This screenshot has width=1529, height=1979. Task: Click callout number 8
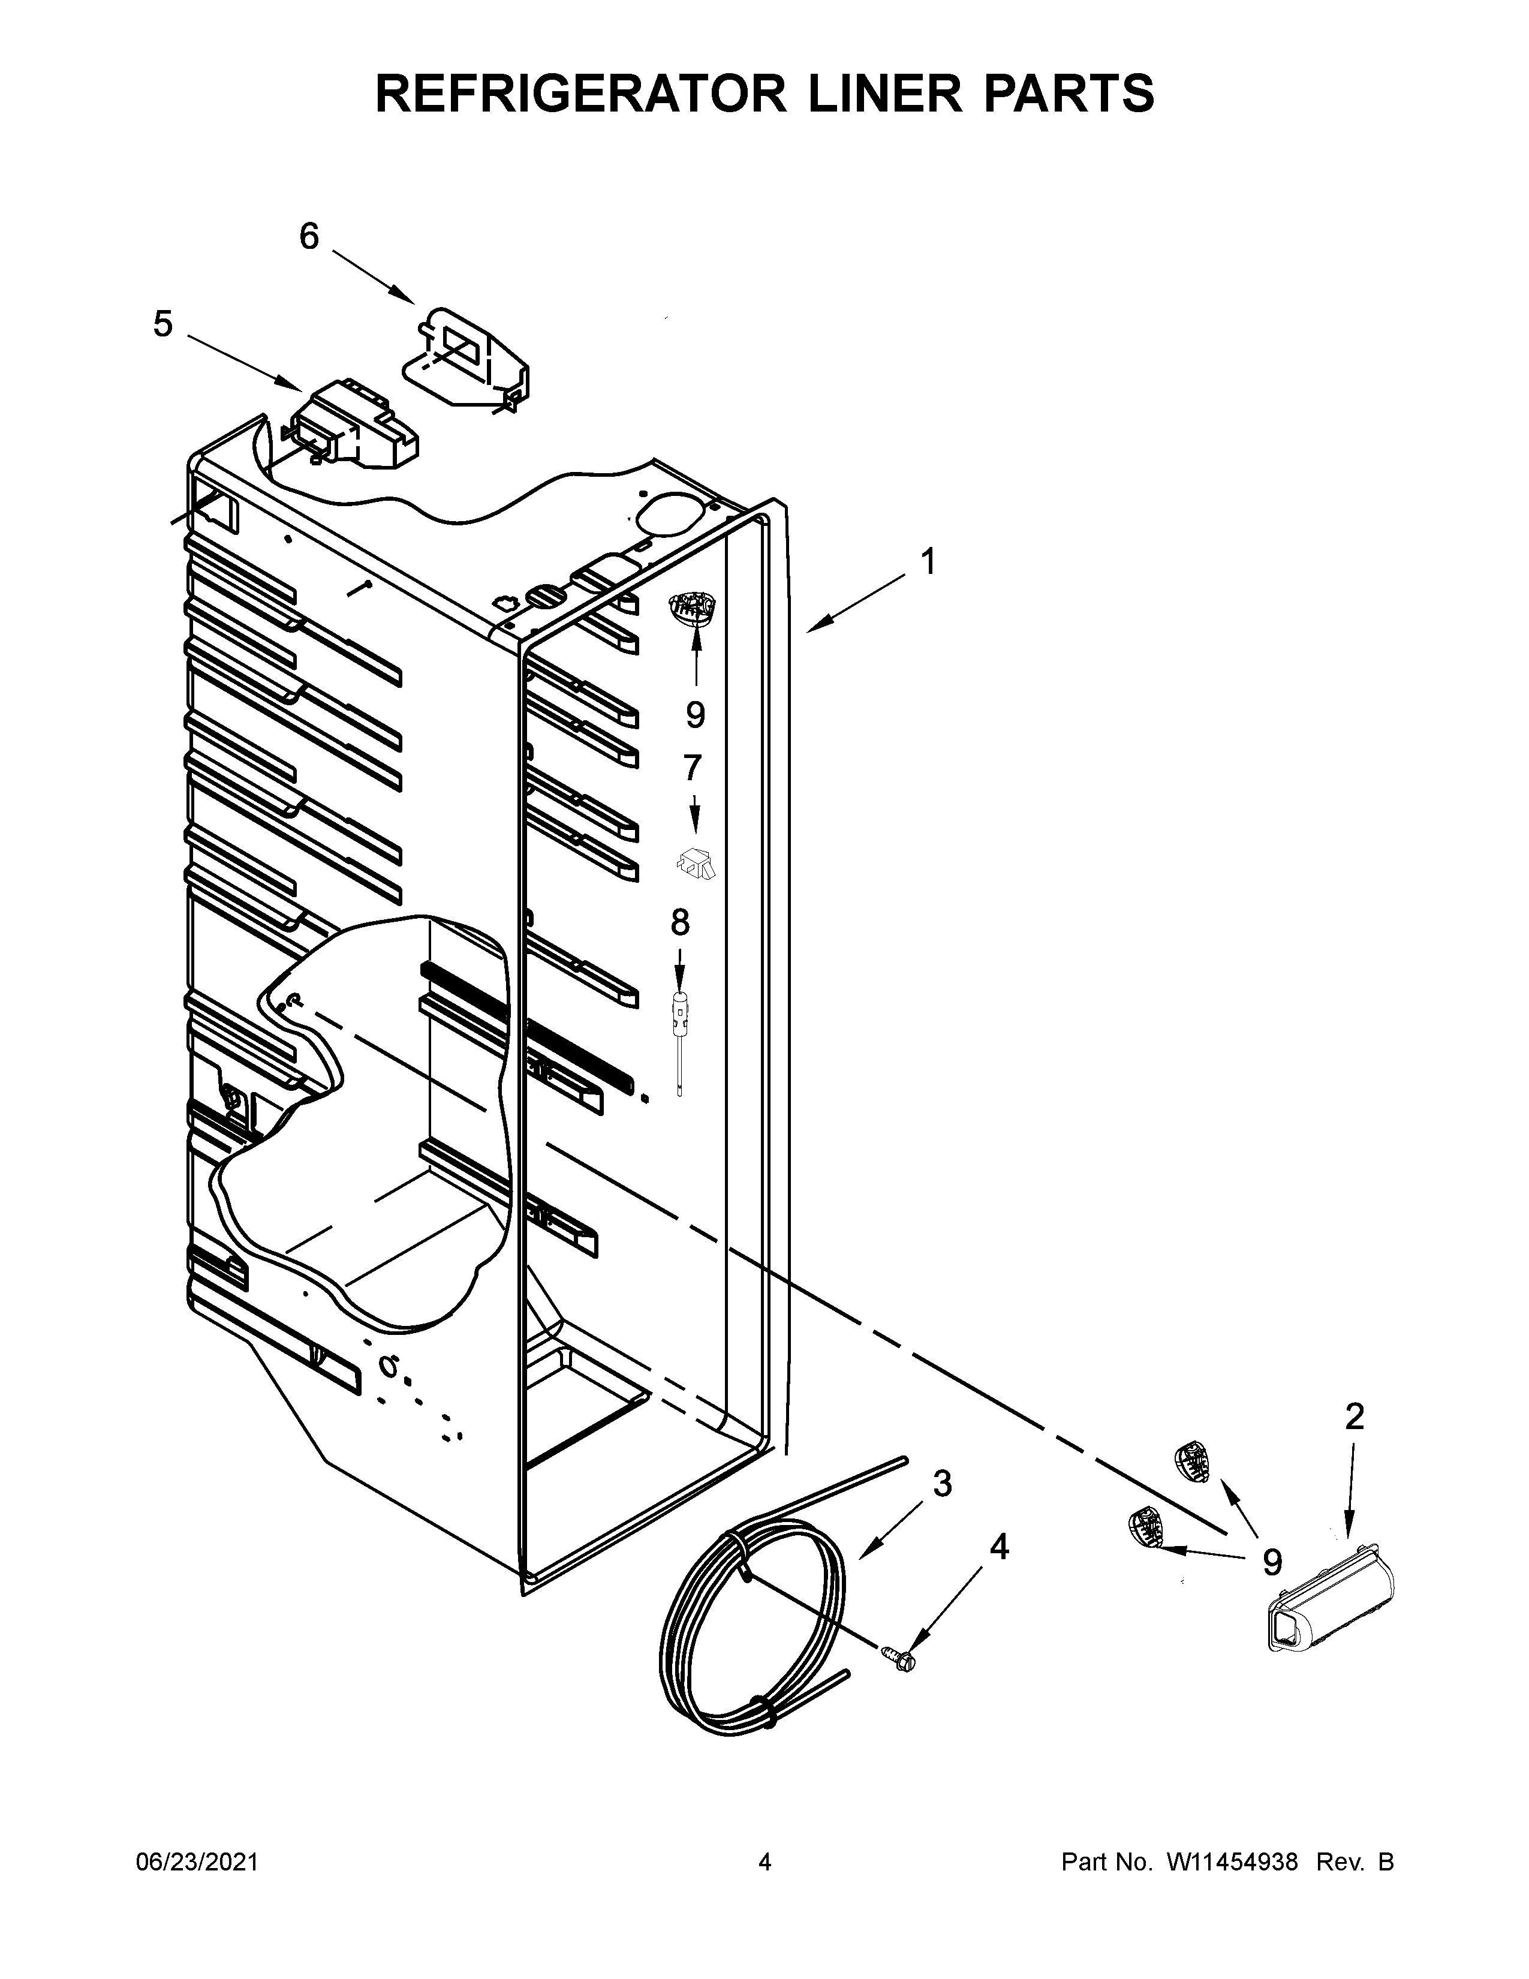pyautogui.click(x=679, y=922)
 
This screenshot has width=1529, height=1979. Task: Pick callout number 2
pyautogui.click(x=1354, y=1416)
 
